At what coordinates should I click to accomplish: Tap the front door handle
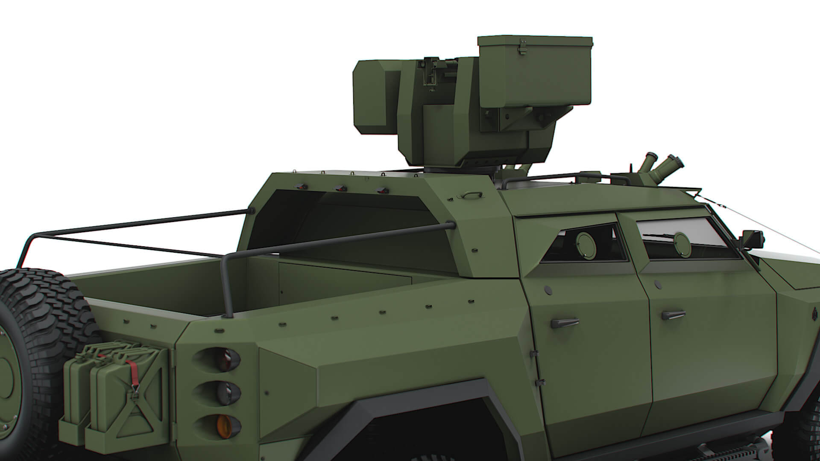[674, 315]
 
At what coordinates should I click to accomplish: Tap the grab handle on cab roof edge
[469, 195]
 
